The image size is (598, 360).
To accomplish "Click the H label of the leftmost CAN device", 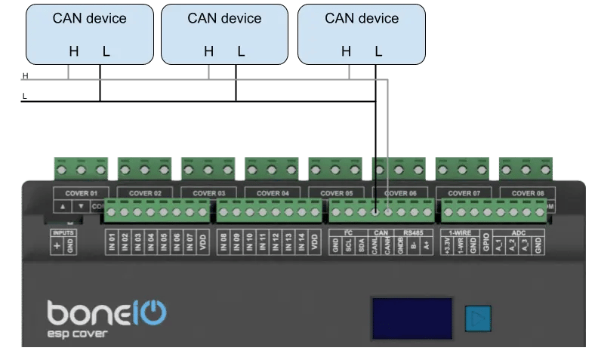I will coord(74,52).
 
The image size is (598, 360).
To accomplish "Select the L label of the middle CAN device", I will coord(241,52).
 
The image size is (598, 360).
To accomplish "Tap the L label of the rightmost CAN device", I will coord(378,52).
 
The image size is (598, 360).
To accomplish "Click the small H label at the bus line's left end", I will coord(26,76).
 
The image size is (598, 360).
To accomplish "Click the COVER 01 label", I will coord(82,193).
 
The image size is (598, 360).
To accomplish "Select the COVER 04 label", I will coord(273,193).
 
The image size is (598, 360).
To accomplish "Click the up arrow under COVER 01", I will coord(63,206).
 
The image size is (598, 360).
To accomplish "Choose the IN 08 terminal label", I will coord(223,243).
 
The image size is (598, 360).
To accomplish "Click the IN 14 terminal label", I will coord(301,243).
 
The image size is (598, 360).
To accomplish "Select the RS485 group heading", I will coord(414,232).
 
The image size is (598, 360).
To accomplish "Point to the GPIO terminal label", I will coord(487,245).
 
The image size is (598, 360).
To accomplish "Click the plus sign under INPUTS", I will coord(57,246).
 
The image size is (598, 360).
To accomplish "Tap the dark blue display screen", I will coord(411,317).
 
